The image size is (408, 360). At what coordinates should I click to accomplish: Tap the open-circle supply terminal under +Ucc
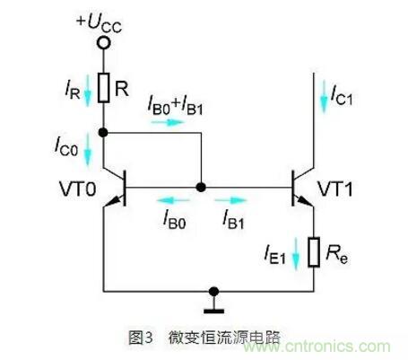(104, 41)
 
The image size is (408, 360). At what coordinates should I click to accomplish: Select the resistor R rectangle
(104, 87)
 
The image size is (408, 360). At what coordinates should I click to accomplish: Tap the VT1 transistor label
(336, 190)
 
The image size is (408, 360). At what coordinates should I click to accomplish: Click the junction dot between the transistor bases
(200, 188)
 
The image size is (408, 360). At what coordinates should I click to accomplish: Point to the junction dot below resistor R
(104, 133)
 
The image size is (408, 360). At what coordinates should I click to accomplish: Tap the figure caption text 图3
(141, 338)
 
